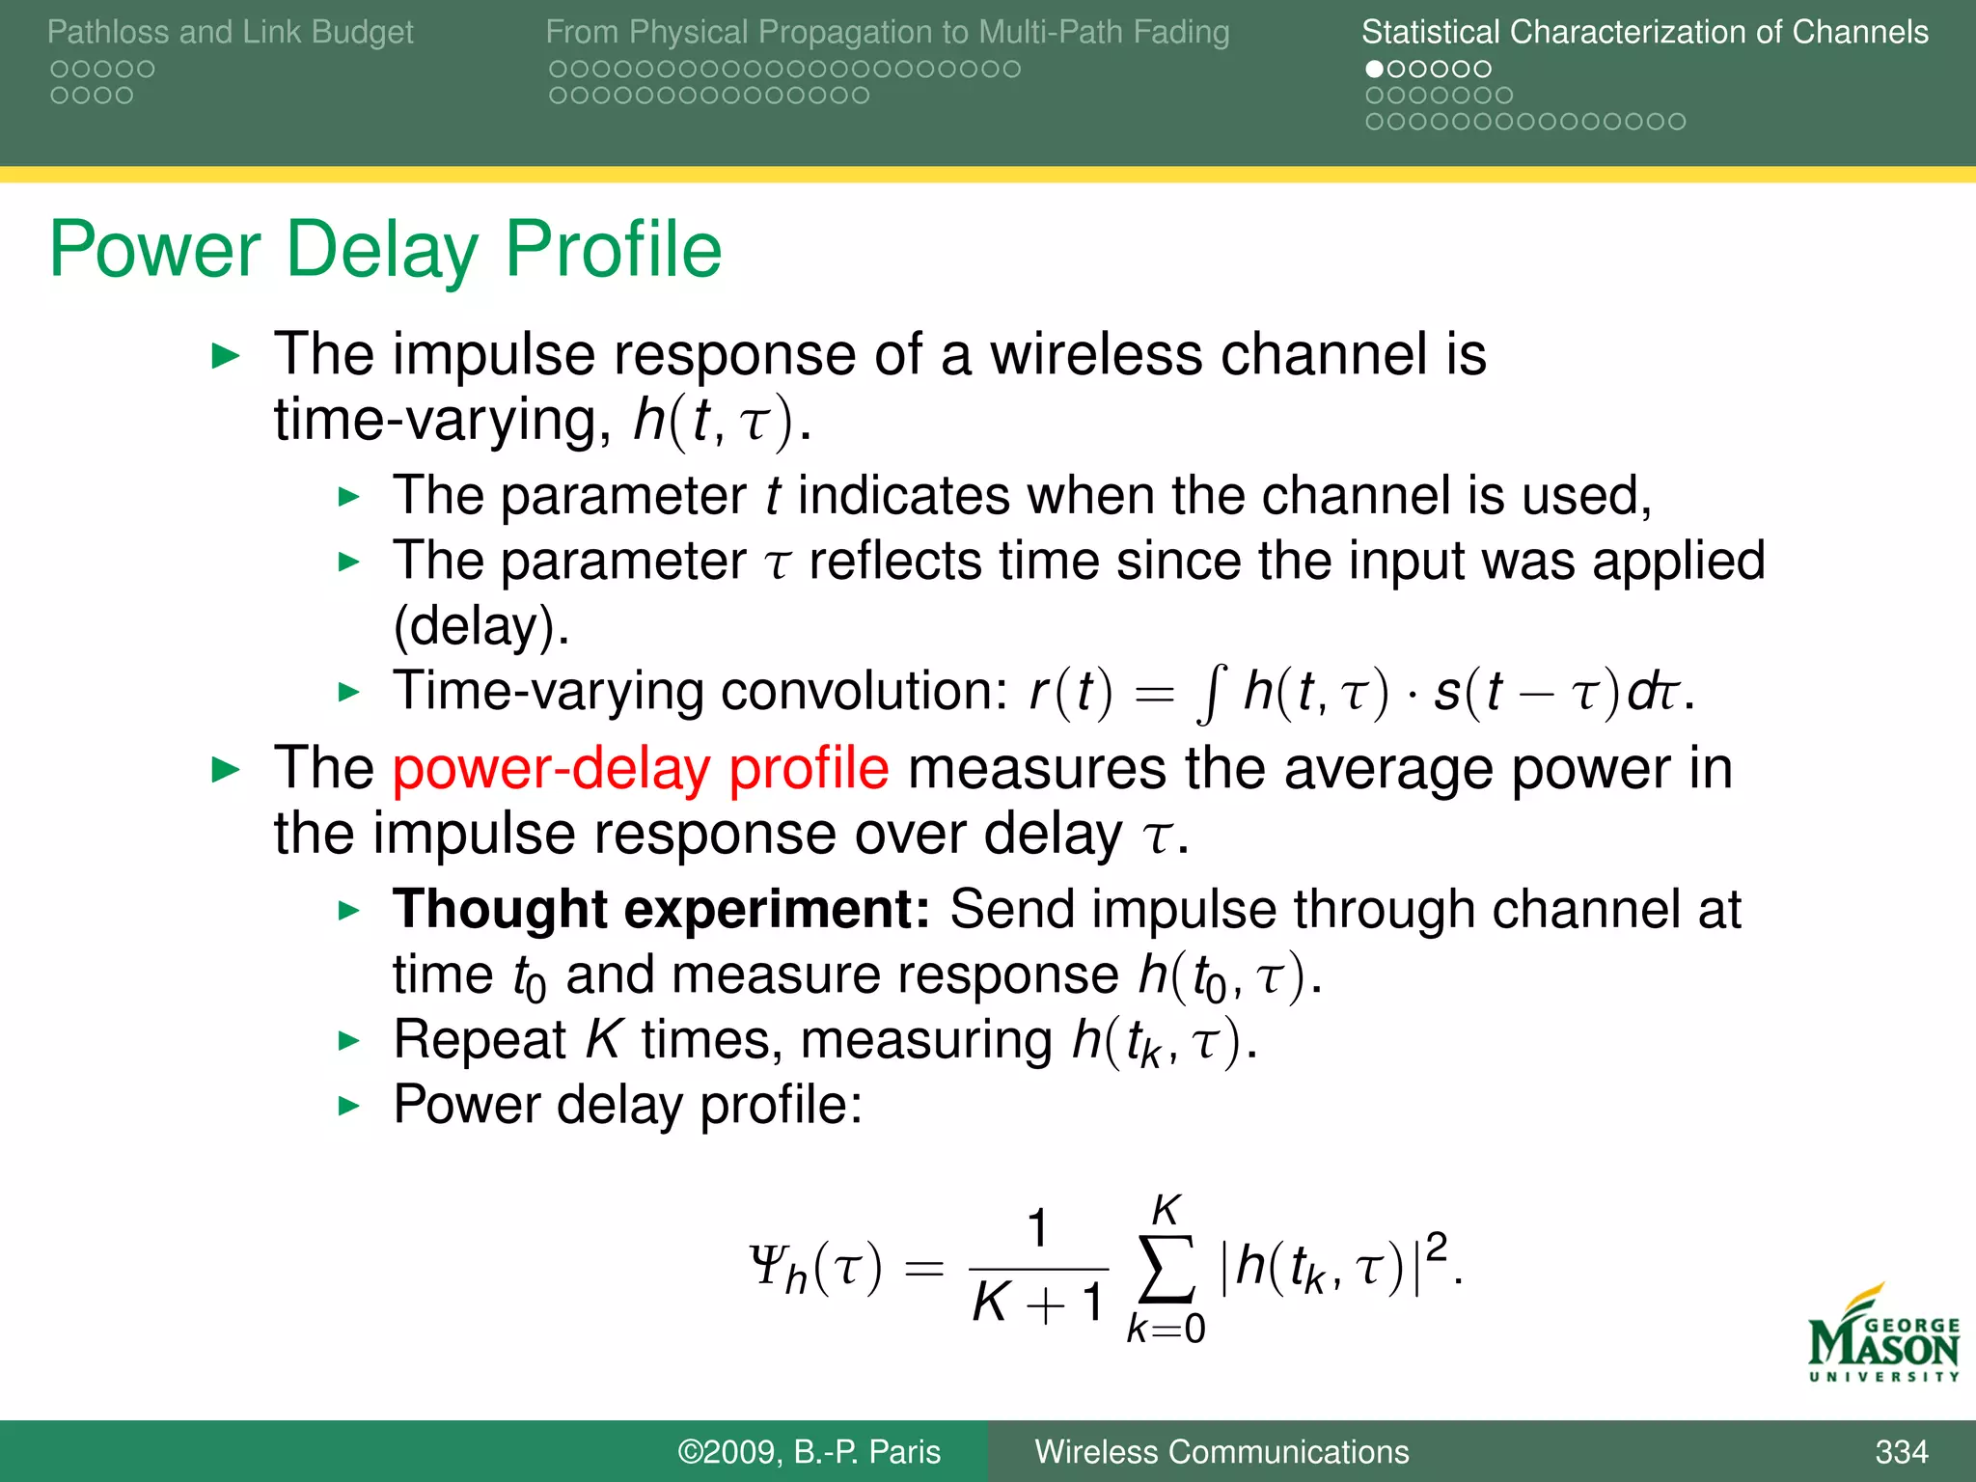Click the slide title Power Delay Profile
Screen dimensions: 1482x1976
[385, 250]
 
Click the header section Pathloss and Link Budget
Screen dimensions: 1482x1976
[230, 32]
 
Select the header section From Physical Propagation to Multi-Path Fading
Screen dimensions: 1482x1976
[887, 32]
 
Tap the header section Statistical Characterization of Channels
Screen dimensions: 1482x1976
[1644, 32]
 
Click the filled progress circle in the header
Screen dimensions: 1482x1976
[1375, 69]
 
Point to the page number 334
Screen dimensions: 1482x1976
[1901, 1452]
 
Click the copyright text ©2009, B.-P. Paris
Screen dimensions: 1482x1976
[809, 1452]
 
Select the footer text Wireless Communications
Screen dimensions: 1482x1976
[1221, 1452]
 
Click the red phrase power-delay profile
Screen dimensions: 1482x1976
[641, 769]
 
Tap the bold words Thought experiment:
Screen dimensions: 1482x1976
[661, 909]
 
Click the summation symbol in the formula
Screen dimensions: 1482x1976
[1166, 1268]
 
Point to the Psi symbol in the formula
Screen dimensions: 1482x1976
[767, 1265]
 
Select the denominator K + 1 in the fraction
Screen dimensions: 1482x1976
[1038, 1303]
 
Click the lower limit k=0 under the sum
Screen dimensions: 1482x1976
[1166, 1330]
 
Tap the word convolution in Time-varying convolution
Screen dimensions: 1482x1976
[864, 692]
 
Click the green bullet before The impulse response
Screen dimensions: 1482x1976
[226, 356]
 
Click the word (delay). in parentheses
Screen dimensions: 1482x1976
[481, 627]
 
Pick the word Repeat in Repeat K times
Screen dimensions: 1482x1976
[480, 1041]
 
